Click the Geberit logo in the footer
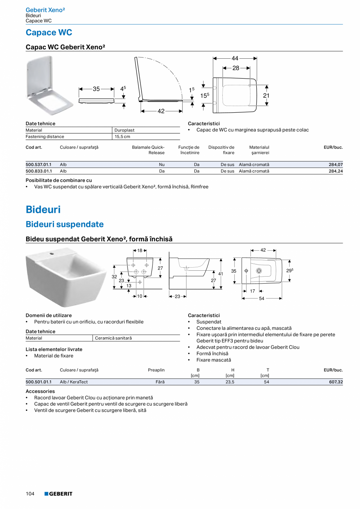(58, 494)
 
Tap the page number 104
(30, 494)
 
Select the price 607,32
(335, 382)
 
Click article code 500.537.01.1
(38, 165)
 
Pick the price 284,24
(335, 171)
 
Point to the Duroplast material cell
(124, 130)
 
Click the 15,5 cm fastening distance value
(122, 137)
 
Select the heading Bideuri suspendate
(65, 224)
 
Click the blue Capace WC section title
(49, 32)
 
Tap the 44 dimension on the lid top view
(235, 58)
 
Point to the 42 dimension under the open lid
(161, 111)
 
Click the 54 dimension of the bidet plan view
(262, 299)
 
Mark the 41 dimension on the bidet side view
(221, 274)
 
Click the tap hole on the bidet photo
(51, 254)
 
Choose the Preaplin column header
(156, 370)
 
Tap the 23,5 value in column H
(230, 382)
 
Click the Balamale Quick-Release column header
(148, 150)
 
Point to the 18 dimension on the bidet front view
(140, 251)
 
